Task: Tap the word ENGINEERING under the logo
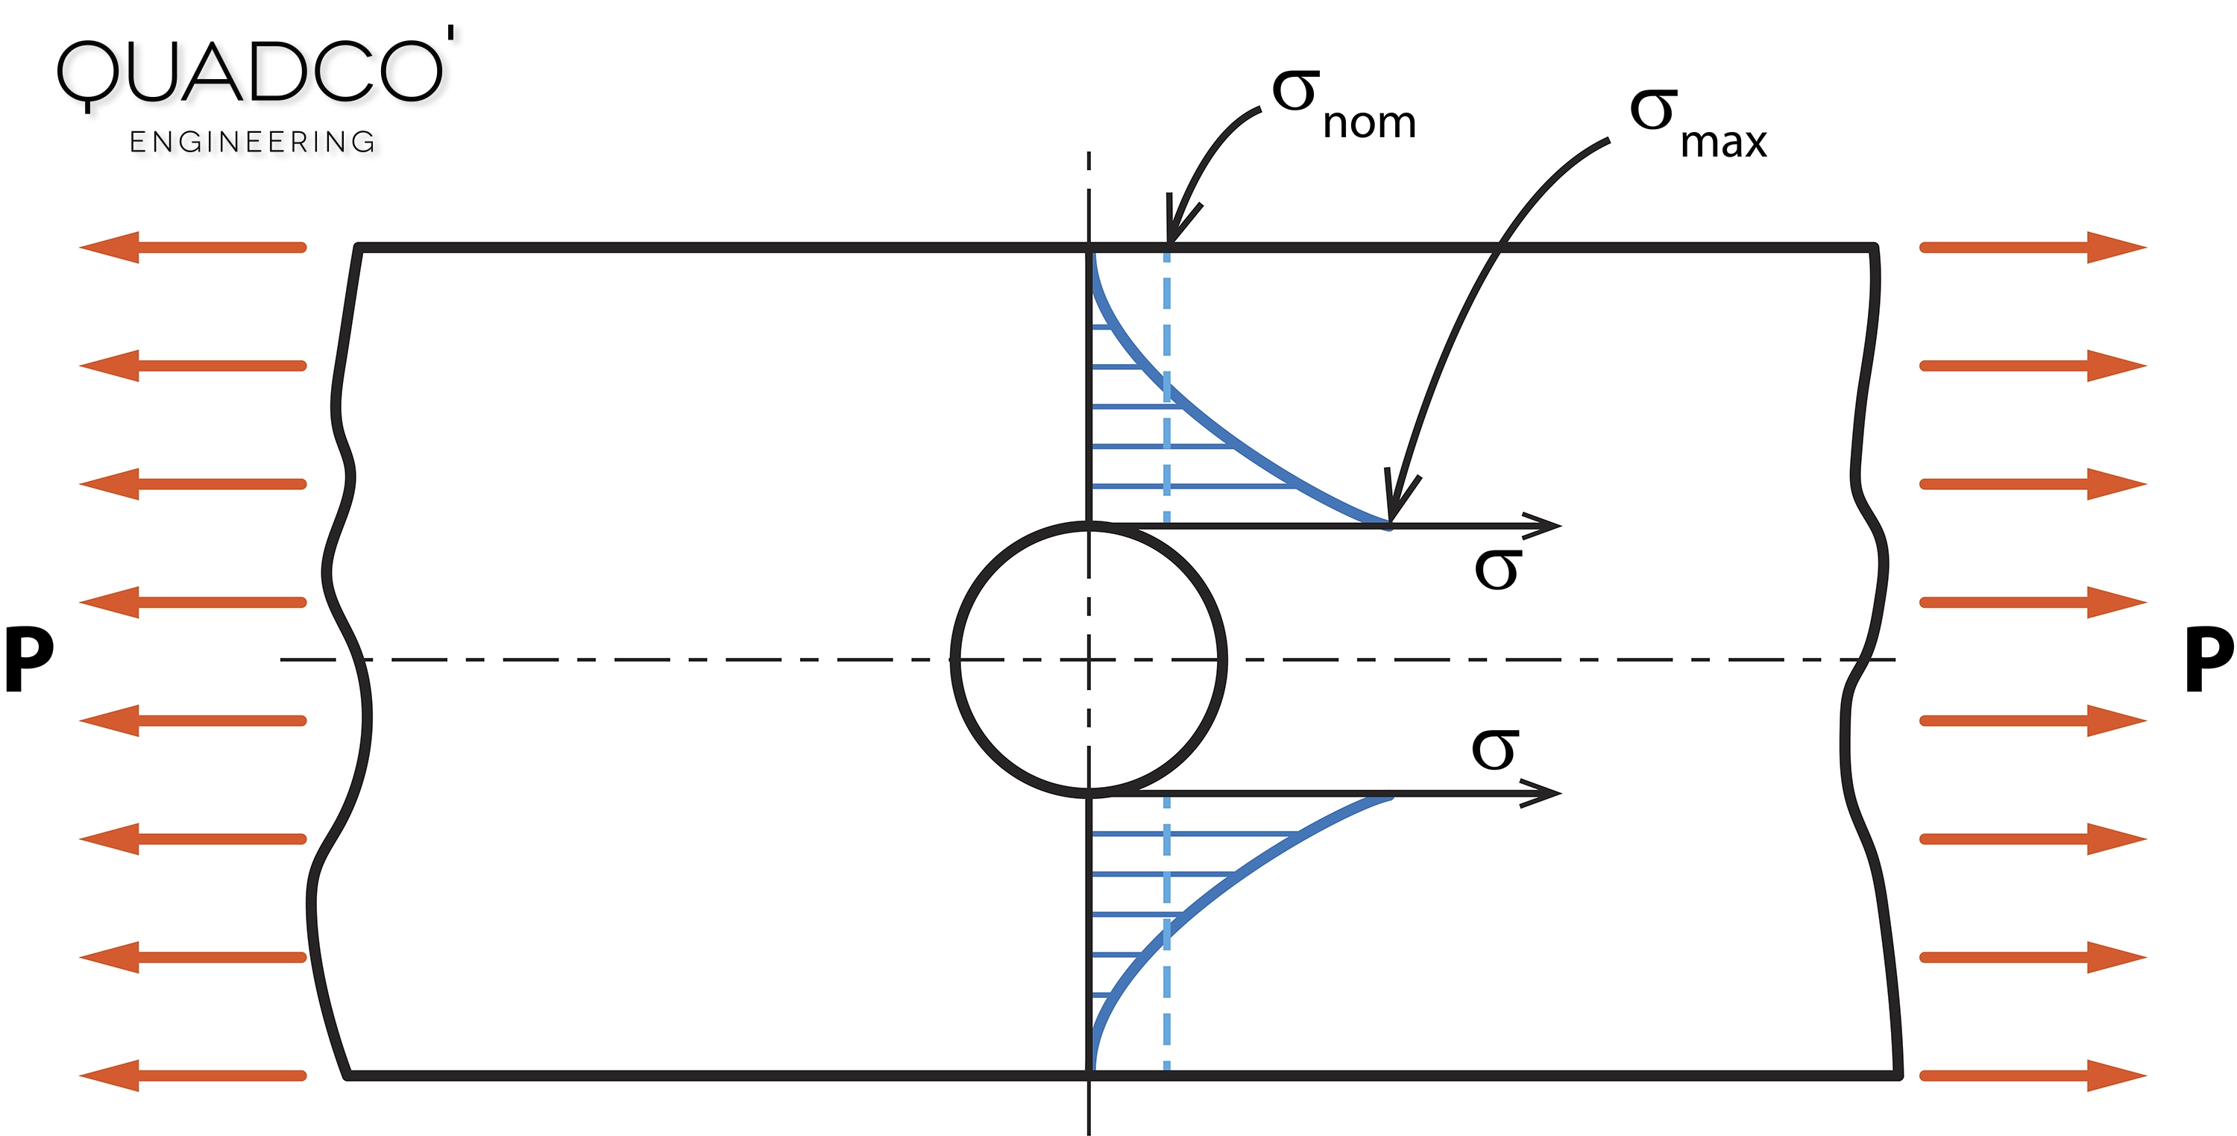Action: coord(252,142)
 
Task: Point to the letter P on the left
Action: coord(28,659)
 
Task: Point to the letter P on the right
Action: coord(2209,659)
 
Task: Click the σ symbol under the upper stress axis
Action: coord(1497,570)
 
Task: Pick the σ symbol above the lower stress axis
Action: coord(1494,749)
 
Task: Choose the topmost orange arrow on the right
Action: coord(2032,248)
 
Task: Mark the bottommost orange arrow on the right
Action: coord(2032,1075)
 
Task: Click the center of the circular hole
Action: coord(1089,660)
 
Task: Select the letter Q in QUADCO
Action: coord(86,75)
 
